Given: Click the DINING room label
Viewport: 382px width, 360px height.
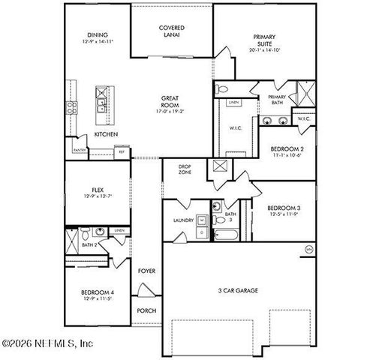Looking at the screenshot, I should point(98,35).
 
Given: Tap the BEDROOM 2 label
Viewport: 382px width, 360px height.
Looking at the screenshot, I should point(287,149).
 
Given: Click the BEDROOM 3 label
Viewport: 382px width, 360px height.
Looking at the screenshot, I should point(284,207).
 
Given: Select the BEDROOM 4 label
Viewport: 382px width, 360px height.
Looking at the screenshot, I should point(98,292).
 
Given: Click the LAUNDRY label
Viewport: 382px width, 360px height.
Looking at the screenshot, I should point(183,220).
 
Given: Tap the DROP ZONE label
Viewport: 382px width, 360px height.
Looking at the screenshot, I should point(185,169).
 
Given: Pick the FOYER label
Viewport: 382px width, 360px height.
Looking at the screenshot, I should point(146,271).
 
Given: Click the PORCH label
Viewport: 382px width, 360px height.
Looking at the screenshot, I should point(146,310).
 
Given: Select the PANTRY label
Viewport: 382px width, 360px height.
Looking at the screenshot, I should point(79,150).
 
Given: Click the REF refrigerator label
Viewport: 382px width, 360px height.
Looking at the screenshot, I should point(120,151).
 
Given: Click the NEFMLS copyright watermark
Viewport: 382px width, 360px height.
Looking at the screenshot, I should point(47,344).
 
